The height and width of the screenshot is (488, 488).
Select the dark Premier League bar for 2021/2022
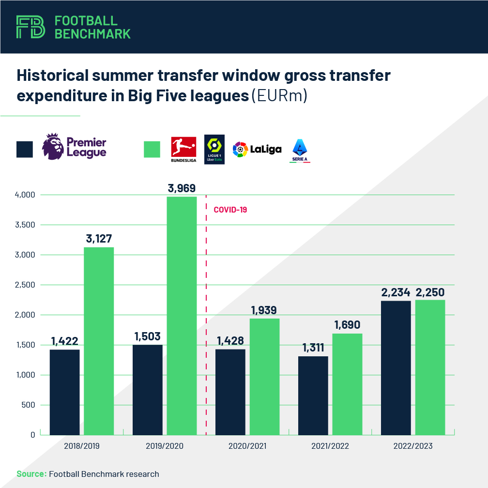[x=313, y=396]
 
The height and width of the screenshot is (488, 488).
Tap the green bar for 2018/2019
[x=99, y=341]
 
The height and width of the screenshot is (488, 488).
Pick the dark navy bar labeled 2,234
[x=396, y=368]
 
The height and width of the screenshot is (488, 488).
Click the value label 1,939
[x=264, y=310]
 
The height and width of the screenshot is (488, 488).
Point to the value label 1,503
[x=148, y=336]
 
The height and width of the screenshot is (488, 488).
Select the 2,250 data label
[x=430, y=292]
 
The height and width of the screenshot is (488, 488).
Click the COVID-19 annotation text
[x=230, y=210]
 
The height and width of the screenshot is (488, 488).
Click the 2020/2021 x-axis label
[x=247, y=446]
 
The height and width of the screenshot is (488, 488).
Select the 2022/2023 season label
[x=413, y=446]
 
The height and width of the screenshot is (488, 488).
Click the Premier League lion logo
[x=53, y=147]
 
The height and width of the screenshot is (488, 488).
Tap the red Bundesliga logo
[x=183, y=147]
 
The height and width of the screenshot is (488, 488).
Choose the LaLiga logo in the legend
[x=257, y=149]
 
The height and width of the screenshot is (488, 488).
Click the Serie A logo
[x=300, y=149]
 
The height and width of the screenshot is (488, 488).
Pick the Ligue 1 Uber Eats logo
[x=214, y=149]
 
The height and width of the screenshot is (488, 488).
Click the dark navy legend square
[x=25, y=149]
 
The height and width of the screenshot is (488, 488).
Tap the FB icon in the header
[x=30, y=27]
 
